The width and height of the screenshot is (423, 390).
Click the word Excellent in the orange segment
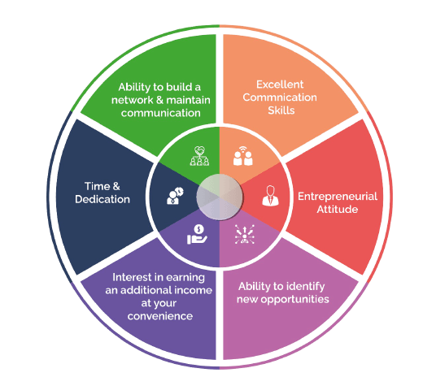tap(280, 84)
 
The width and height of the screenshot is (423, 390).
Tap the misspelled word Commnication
tap(280, 97)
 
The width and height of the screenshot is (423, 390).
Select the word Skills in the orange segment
tap(281, 110)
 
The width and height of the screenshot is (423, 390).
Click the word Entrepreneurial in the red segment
tap(338, 197)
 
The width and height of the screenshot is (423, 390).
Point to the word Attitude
tap(338, 209)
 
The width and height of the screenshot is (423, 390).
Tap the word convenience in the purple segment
tap(160, 316)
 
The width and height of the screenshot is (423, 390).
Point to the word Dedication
tap(102, 199)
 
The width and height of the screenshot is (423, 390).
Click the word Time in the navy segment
tap(98, 186)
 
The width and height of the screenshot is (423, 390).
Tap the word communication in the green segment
tap(161, 113)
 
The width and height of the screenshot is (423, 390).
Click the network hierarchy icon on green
tap(199, 156)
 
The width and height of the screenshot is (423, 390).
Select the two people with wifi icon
tap(243, 156)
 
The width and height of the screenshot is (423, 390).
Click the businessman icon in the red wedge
tap(270, 196)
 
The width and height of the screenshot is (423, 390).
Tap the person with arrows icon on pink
tap(245, 234)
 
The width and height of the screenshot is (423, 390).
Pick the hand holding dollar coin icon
tap(197, 235)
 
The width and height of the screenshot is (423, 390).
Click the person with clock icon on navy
tap(175, 196)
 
